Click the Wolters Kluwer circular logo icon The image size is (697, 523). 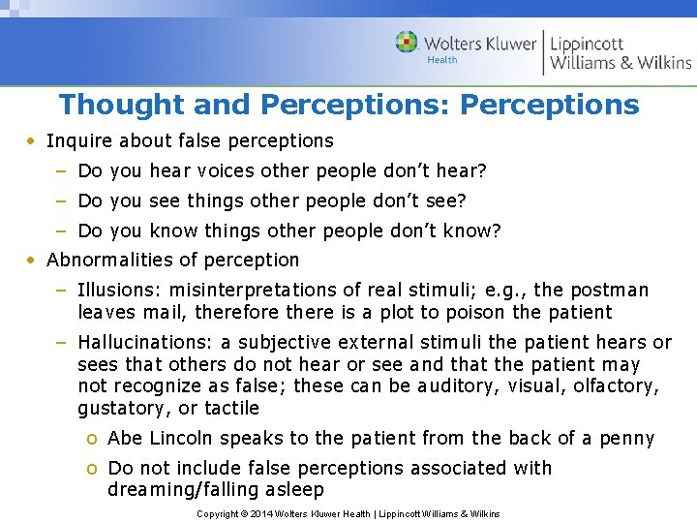coord(407,43)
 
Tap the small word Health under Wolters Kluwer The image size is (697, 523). coord(442,60)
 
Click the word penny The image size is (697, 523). coord(626,439)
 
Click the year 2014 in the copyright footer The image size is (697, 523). coord(260,513)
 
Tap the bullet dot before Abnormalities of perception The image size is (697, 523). coord(32,260)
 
